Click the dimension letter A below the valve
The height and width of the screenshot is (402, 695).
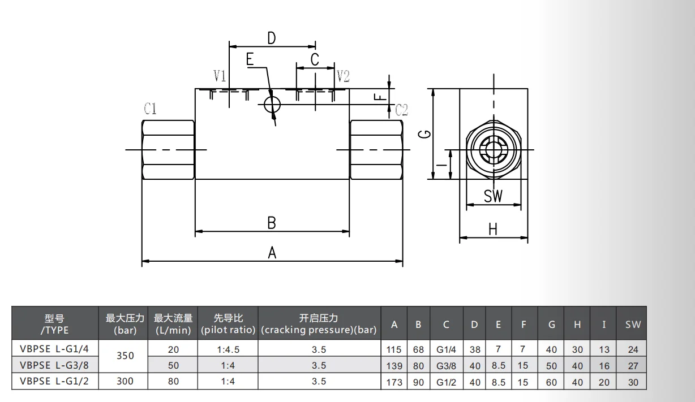(x=272, y=253)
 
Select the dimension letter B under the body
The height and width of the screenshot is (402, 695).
(x=272, y=223)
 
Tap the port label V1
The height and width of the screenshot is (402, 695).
(x=220, y=76)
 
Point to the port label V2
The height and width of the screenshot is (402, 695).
(x=343, y=76)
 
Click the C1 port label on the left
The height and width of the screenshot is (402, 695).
(x=150, y=109)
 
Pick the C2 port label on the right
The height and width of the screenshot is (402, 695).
(x=401, y=110)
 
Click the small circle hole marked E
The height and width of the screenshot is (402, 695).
(x=272, y=103)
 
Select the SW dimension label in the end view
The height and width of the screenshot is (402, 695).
(x=493, y=196)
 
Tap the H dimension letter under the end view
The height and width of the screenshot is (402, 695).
(x=493, y=229)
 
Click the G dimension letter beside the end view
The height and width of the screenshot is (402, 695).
(x=427, y=134)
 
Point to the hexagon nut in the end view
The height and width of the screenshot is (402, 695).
(x=493, y=150)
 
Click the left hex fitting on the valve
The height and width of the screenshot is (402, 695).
(x=168, y=150)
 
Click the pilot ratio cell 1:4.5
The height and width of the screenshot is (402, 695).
(x=228, y=349)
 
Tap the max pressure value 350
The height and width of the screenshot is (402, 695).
(x=125, y=356)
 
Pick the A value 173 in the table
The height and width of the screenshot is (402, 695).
(x=394, y=382)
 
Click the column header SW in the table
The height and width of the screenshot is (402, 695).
(x=633, y=325)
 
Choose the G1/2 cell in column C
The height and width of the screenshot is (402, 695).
(x=446, y=382)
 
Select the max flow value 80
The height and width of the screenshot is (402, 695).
(x=173, y=381)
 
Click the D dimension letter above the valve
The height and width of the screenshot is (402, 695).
(x=272, y=38)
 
